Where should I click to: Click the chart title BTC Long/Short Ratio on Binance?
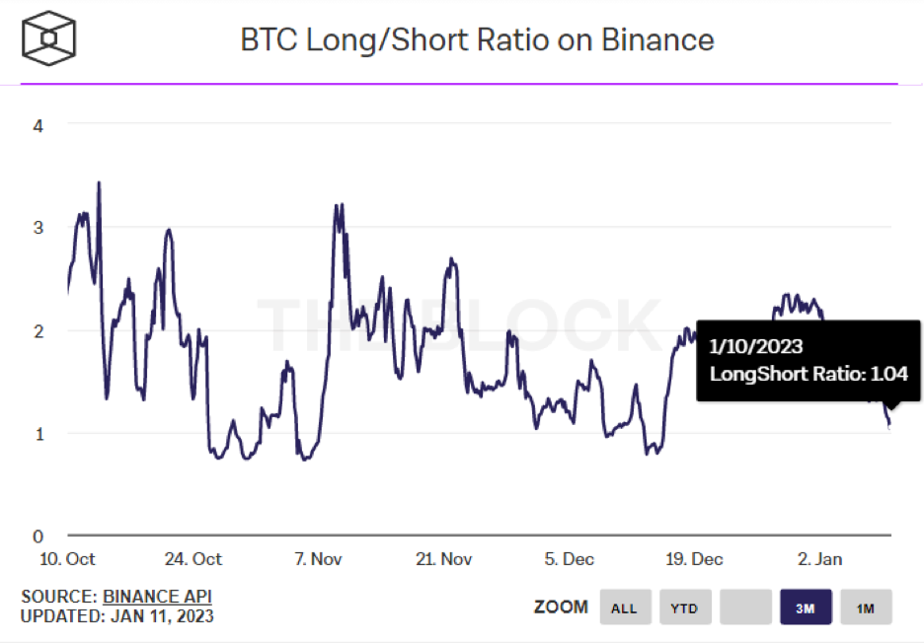477,40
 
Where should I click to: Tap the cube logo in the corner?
48,39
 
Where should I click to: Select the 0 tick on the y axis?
38,536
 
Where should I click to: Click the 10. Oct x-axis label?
67,559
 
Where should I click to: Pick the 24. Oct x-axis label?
192,559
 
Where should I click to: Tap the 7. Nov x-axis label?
318,559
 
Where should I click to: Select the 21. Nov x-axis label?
443,559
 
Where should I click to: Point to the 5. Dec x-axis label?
569,559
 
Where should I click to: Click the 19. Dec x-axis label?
693,559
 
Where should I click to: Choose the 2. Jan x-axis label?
819,559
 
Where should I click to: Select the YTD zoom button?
684,607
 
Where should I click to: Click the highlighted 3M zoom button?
806,607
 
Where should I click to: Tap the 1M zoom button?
866,607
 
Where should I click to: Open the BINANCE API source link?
157,597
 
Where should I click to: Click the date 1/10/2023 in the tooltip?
756,346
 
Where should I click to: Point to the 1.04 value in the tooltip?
887,374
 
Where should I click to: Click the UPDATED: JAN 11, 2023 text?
116,617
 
